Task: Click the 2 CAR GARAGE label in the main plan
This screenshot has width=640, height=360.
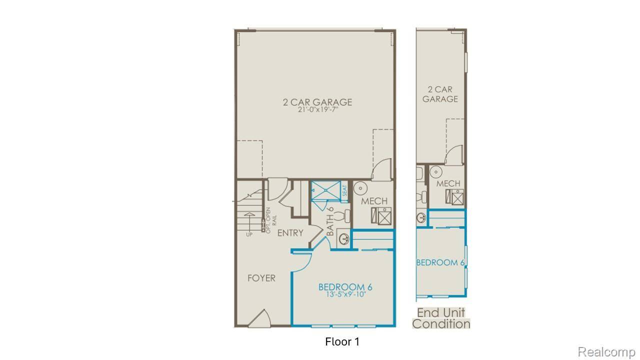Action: [x=317, y=102]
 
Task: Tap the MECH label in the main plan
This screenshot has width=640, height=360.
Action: [x=374, y=201]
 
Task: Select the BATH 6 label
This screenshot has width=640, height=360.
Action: [x=330, y=221]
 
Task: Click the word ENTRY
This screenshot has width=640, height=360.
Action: [x=290, y=233]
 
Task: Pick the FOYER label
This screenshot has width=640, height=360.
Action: [x=261, y=278]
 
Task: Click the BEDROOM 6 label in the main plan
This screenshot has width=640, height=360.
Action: [x=345, y=287]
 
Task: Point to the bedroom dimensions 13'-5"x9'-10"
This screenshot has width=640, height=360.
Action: [x=345, y=294]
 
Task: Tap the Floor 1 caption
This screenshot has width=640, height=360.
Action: [x=342, y=342]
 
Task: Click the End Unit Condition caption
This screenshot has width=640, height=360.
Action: [x=441, y=318]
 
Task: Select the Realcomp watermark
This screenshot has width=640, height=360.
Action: [x=607, y=352]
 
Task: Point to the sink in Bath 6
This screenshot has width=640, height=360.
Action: [x=343, y=238]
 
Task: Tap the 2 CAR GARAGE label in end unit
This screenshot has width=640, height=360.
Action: [x=440, y=94]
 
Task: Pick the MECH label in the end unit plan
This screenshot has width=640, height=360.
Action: [x=448, y=183]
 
